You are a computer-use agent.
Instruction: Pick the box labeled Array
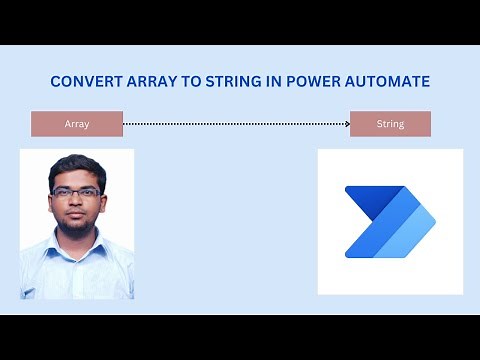pos(77,124)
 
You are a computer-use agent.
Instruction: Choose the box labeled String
pos(390,124)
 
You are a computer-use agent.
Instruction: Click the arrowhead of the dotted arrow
pos(346,124)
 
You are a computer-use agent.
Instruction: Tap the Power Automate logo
pos(390,221)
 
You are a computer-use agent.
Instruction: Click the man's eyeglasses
pos(77,192)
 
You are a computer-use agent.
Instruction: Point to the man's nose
pos(77,202)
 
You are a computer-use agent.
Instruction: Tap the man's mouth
pos(77,214)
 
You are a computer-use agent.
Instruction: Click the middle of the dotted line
pos(235,124)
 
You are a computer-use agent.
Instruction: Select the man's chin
pos(77,226)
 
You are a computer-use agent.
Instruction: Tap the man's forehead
pos(77,178)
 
